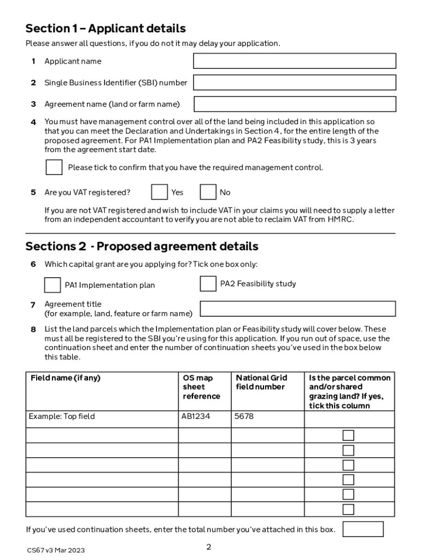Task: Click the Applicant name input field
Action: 294,61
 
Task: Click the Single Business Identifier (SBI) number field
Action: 294,83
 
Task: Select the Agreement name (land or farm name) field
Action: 295,104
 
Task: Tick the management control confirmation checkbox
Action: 54,167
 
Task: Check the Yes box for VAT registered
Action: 159,192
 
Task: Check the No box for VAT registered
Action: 208,192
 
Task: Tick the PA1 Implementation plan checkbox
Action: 52,285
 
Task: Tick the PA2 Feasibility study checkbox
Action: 208,284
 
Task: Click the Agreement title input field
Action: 297,308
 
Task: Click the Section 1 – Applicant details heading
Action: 106,28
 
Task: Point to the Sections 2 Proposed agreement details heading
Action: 142,246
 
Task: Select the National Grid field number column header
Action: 261,382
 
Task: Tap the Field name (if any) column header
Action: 66,378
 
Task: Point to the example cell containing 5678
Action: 244,416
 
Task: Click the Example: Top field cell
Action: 62,416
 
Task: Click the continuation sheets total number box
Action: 362,529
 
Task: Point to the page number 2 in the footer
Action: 208,547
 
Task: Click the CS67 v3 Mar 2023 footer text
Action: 56,550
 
